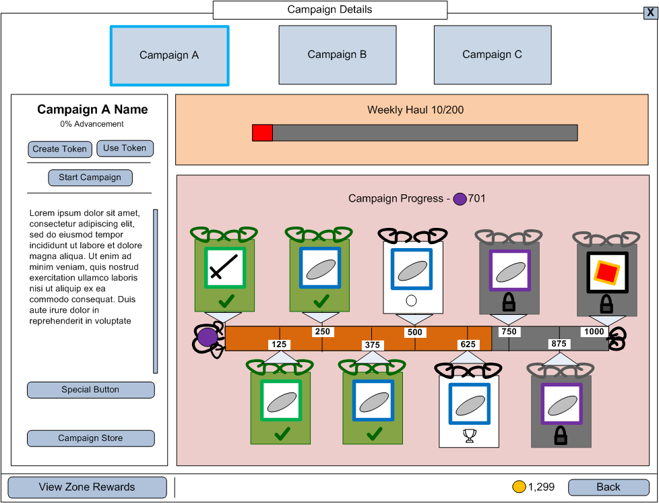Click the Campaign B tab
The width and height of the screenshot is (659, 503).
click(337, 55)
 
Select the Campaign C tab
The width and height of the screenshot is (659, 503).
click(492, 55)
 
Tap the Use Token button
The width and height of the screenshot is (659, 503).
click(125, 148)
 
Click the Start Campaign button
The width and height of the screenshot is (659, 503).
click(90, 178)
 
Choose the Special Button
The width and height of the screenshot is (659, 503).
click(90, 390)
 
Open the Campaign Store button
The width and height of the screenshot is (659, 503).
click(90, 438)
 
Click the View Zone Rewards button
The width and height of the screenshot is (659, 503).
click(87, 487)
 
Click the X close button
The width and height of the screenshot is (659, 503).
click(650, 12)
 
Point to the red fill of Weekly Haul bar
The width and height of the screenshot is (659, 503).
click(262, 133)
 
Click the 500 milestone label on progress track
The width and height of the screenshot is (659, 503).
click(414, 332)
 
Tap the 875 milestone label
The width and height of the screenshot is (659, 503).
click(559, 344)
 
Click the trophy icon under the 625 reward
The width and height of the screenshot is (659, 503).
click(470, 436)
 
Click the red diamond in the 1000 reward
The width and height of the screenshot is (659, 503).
click(606, 272)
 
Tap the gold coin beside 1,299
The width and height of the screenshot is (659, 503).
click(519, 487)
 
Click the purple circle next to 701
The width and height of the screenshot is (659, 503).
click(460, 199)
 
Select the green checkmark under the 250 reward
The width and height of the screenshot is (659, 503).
click(321, 300)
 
